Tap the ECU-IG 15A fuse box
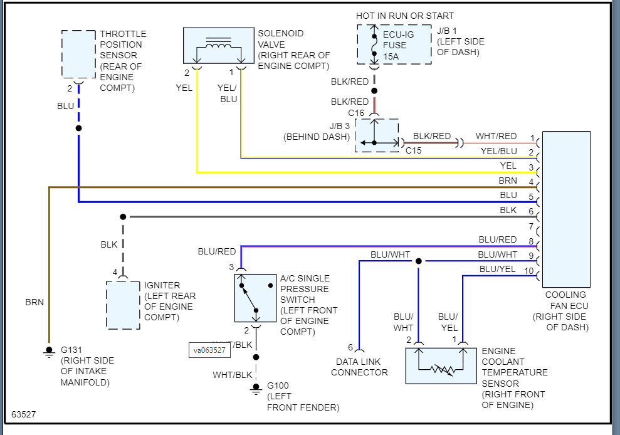(394, 45)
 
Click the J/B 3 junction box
(377, 135)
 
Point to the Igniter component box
(123, 305)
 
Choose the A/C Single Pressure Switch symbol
(255, 298)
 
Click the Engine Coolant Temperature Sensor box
(441, 365)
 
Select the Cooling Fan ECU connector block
(566, 208)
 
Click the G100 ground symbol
(256, 389)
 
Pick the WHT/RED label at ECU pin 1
(496, 136)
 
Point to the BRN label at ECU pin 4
(508, 181)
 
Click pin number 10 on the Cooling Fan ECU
(529, 271)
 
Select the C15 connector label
(413, 150)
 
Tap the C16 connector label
(356, 113)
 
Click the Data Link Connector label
(359, 367)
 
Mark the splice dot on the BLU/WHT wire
(418, 261)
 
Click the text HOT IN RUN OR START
(405, 16)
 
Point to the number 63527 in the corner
(24, 414)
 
